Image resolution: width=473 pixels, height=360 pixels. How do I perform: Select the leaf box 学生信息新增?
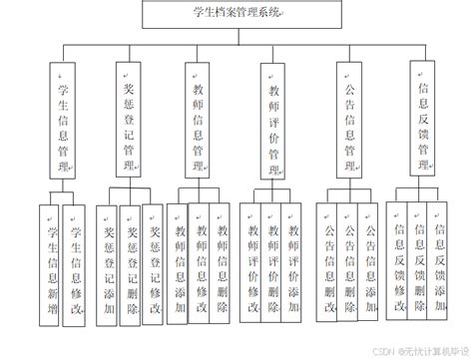tap(50, 264)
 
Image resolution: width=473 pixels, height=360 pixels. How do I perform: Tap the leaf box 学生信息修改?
tap(75, 264)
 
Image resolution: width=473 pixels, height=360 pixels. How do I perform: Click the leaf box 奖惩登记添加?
tap(108, 264)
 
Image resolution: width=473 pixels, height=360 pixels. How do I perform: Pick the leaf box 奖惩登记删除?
tap(130, 264)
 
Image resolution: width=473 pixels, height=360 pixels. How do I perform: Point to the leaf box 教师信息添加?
tap(179, 264)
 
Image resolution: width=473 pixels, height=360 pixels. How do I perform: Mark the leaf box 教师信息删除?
tap(223, 264)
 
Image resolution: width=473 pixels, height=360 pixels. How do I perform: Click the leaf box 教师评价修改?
tap(252, 264)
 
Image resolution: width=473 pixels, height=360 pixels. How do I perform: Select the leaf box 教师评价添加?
tap(294, 264)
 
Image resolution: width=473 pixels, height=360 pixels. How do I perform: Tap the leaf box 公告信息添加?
tap(370, 264)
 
